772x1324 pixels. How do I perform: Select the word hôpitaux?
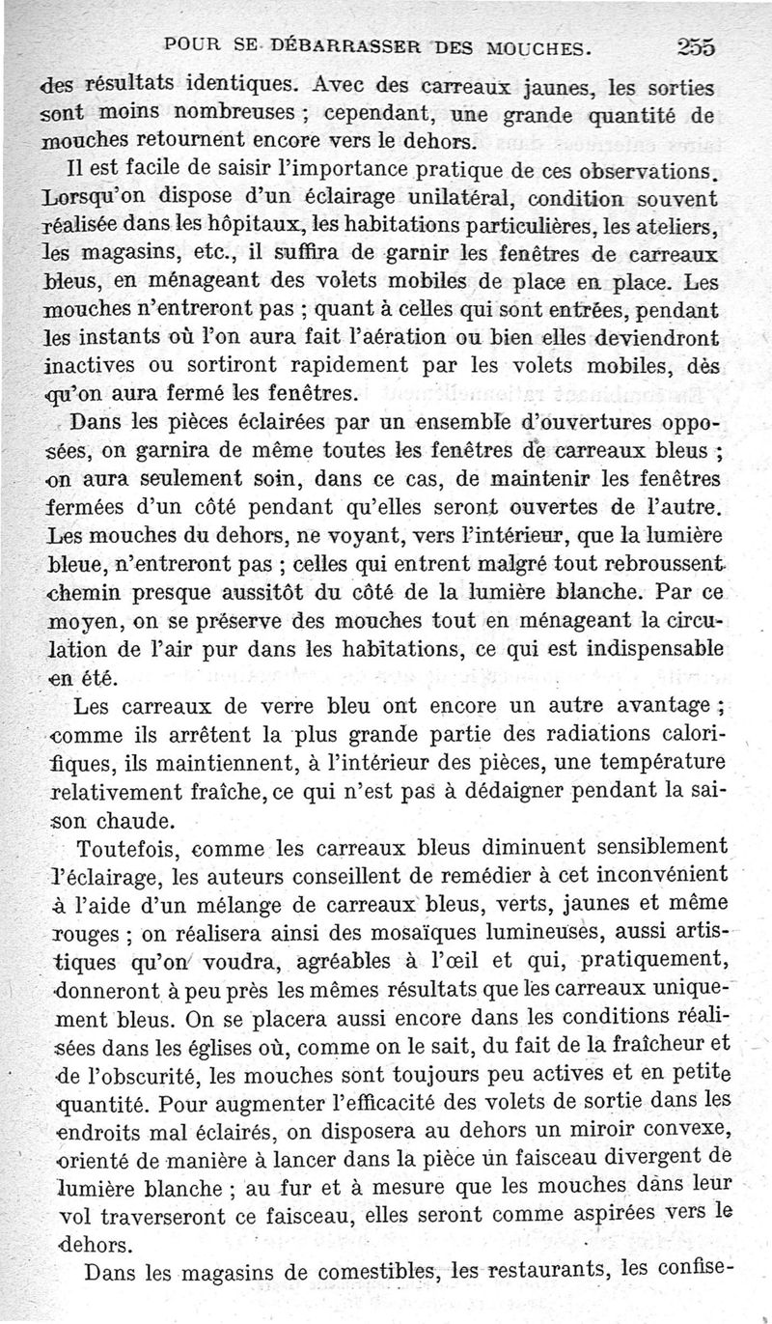tap(231, 229)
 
